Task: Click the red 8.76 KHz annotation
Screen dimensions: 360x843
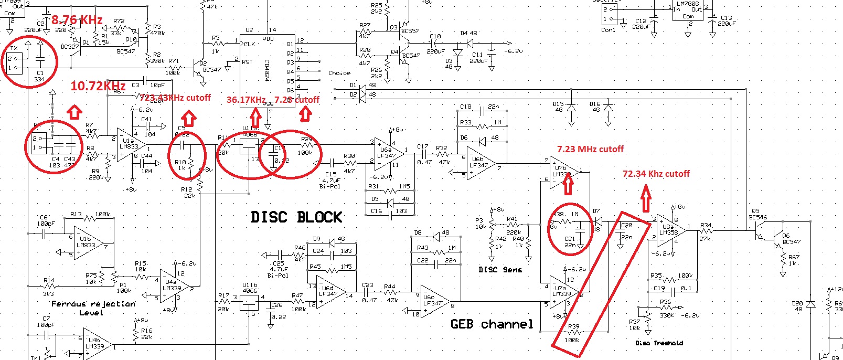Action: point(77,20)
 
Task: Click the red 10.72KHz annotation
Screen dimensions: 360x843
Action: point(98,86)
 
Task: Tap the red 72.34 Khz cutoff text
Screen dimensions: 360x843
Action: point(656,174)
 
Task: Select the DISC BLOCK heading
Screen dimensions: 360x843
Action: point(296,217)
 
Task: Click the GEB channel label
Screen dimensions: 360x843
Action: point(492,324)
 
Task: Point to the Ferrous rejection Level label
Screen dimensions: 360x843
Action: point(93,308)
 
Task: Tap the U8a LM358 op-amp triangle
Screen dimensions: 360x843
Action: point(671,230)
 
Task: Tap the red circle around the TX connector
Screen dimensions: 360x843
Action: point(29,62)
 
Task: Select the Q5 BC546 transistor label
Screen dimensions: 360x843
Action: point(757,214)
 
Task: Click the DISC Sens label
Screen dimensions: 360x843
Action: point(500,270)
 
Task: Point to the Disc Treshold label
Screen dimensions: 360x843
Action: point(659,343)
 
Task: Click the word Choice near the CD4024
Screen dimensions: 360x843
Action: point(339,73)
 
